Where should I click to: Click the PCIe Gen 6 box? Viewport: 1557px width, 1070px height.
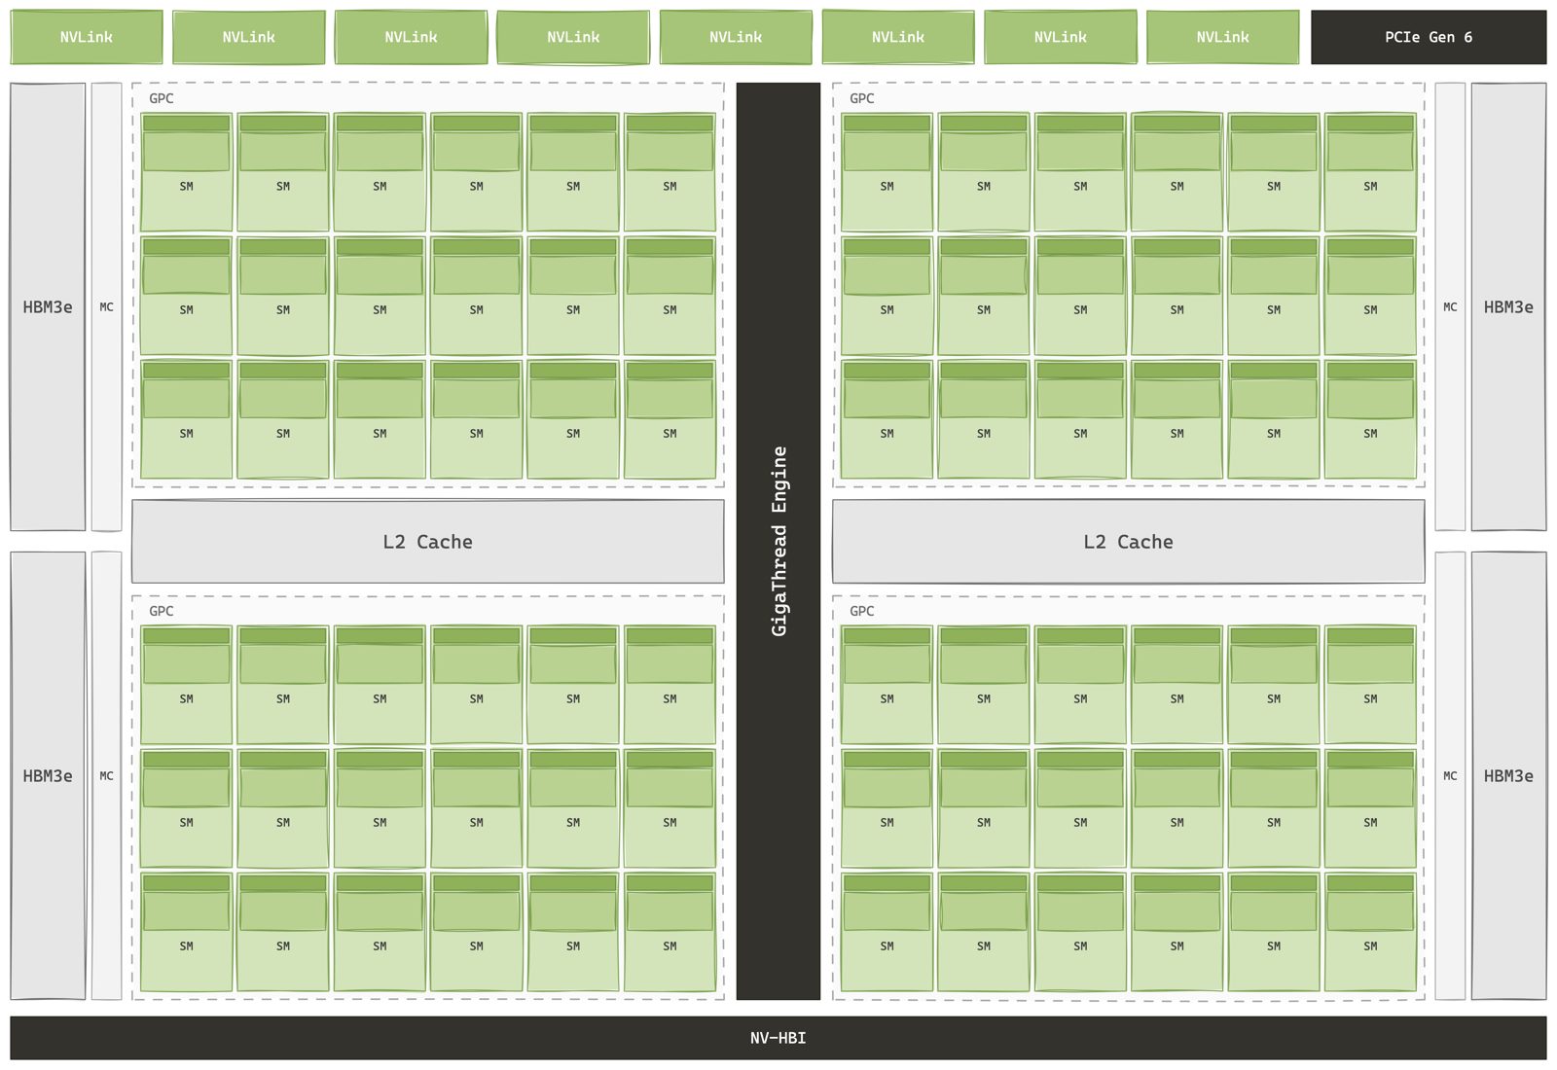pyautogui.click(x=1429, y=37)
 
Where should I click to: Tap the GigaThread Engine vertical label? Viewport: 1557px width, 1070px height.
pyautogui.click(x=778, y=541)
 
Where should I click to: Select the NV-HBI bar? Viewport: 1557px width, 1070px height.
pyautogui.click(x=778, y=1038)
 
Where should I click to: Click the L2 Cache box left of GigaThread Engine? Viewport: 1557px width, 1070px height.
pyautogui.click(x=427, y=541)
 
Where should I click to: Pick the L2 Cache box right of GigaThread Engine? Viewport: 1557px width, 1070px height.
pyautogui.click(x=1128, y=541)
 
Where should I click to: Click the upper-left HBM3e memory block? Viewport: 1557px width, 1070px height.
pyautogui.click(x=48, y=306)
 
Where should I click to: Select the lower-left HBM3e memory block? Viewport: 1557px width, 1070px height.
pyautogui.click(x=48, y=775)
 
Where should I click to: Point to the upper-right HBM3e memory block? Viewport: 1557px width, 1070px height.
pyautogui.click(x=1508, y=306)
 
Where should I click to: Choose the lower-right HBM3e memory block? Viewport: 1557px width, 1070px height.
pyautogui.click(x=1508, y=775)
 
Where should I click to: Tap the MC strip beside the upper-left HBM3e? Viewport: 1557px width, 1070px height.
pyautogui.click(x=106, y=306)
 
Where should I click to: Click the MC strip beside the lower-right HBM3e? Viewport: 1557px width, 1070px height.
pyautogui.click(x=1450, y=775)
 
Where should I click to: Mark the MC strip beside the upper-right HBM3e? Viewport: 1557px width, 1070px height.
pyautogui.click(x=1450, y=306)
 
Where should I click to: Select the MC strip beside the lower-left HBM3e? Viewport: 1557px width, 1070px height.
pyautogui.click(x=106, y=775)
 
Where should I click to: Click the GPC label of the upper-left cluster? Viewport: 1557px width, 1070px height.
pyautogui.click(x=162, y=98)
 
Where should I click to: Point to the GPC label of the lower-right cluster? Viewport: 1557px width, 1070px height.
pyautogui.click(x=862, y=612)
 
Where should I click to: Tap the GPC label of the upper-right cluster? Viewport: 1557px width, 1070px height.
pyautogui.click(x=862, y=98)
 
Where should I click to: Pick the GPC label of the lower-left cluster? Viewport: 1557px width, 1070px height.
pyautogui.click(x=162, y=612)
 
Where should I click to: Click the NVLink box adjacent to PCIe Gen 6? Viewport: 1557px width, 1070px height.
pyautogui.click(x=1222, y=37)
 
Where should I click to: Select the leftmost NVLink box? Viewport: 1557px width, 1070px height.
pyautogui.click(x=87, y=37)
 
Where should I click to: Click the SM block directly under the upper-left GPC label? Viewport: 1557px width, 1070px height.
pyautogui.click(x=186, y=171)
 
